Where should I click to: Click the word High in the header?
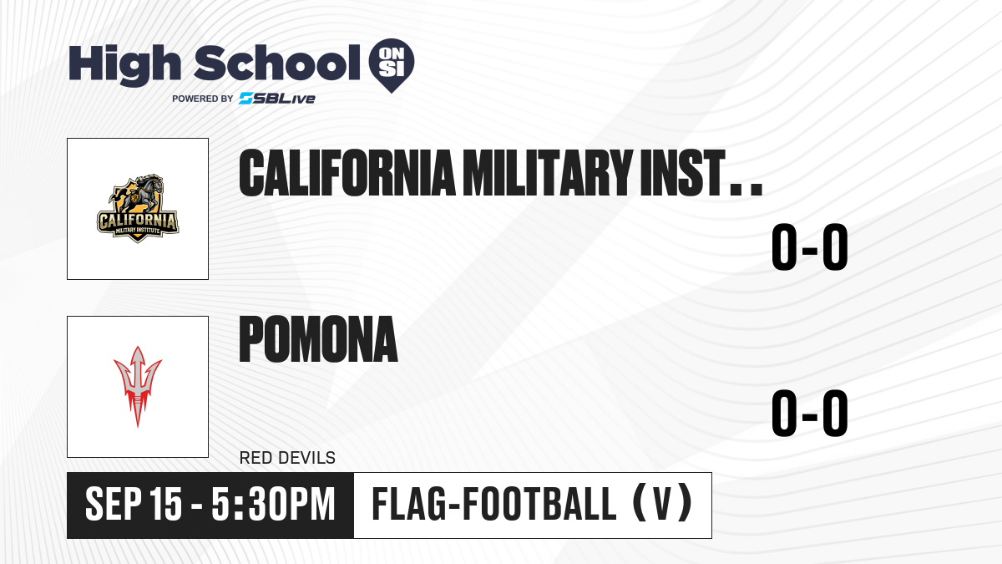tap(124, 65)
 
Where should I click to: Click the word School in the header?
tap(277, 63)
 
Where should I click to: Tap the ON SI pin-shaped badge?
tap(392, 65)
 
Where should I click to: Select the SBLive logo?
tap(277, 99)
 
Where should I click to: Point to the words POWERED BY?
tap(203, 99)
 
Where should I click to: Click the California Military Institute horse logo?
tap(138, 209)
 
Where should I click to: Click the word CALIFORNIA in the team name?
tap(347, 173)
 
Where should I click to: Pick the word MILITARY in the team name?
tap(548, 173)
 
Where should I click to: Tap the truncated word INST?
tap(682, 173)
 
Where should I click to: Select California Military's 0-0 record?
tap(810, 247)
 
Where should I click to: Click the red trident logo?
tap(138, 387)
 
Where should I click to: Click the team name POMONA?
tap(318, 339)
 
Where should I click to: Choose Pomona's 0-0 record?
tap(810, 413)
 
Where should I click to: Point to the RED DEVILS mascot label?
tap(287, 458)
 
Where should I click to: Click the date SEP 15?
tap(134, 505)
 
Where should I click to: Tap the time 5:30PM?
tap(273, 505)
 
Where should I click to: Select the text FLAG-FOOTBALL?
tap(494, 505)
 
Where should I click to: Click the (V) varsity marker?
tap(663, 505)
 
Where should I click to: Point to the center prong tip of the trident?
tap(138, 347)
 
